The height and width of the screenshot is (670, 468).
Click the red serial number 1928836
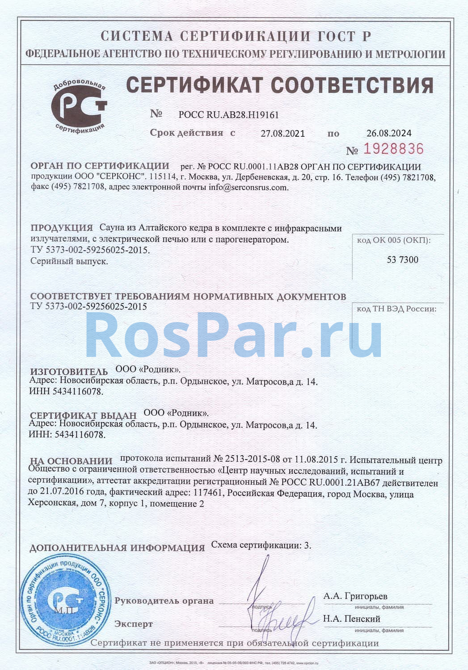click(x=393, y=149)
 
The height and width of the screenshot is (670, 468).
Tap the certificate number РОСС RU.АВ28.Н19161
click(x=228, y=115)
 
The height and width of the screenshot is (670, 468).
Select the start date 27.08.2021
click(x=282, y=133)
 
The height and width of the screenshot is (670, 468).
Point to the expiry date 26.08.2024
click(x=389, y=133)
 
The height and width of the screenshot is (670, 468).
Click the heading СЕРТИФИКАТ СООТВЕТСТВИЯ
click(x=280, y=85)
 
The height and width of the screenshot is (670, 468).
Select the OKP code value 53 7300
click(x=402, y=260)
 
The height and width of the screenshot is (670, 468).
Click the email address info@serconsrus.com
click(x=249, y=188)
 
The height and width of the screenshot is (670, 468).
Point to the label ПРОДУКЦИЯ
click(x=62, y=228)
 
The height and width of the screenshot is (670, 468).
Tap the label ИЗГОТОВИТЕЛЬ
click(x=69, y=372)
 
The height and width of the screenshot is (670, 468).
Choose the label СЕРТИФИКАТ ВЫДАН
click(x=83, y=415)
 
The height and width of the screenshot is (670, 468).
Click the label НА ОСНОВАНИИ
click(x=71, y=461)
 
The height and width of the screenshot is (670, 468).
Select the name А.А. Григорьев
click(x=355, y=596)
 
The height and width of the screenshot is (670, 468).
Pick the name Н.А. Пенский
click(x=351, y=619)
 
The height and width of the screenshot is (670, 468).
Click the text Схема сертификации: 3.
click(x=261, y=545)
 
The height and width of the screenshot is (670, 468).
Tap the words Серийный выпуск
click(x=69, y=261)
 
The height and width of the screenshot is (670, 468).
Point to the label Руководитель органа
click(x=164, y=601)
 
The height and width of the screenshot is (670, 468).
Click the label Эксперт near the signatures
click(x=133, y=624)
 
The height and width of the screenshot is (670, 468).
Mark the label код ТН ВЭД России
click(x=396, y=309)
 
